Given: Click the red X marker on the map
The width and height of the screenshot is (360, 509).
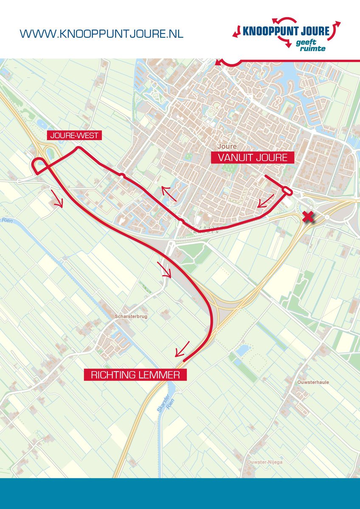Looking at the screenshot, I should pyautogui.click(x=308, y=218).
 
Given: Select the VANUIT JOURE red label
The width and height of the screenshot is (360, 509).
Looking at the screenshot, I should pyautogui.click(x=253, y=158).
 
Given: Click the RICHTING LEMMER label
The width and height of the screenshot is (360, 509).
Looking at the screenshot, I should pyautogui.click(x=135, y=375).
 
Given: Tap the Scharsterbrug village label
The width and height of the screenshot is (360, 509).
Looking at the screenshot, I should pyautogui.click(x=130, y=316).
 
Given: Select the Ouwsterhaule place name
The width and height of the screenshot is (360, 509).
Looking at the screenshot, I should pyautogui.click(x=313, y=382).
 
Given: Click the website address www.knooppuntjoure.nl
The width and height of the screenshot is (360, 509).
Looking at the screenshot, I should pyautogui.click(x=101, y=34).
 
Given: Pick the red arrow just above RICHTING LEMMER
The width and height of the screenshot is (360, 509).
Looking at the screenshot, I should pyautogui.click(x=182, y=349).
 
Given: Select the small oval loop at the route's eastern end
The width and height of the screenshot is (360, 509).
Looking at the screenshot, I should pyautogui.click(x=287, y=192).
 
